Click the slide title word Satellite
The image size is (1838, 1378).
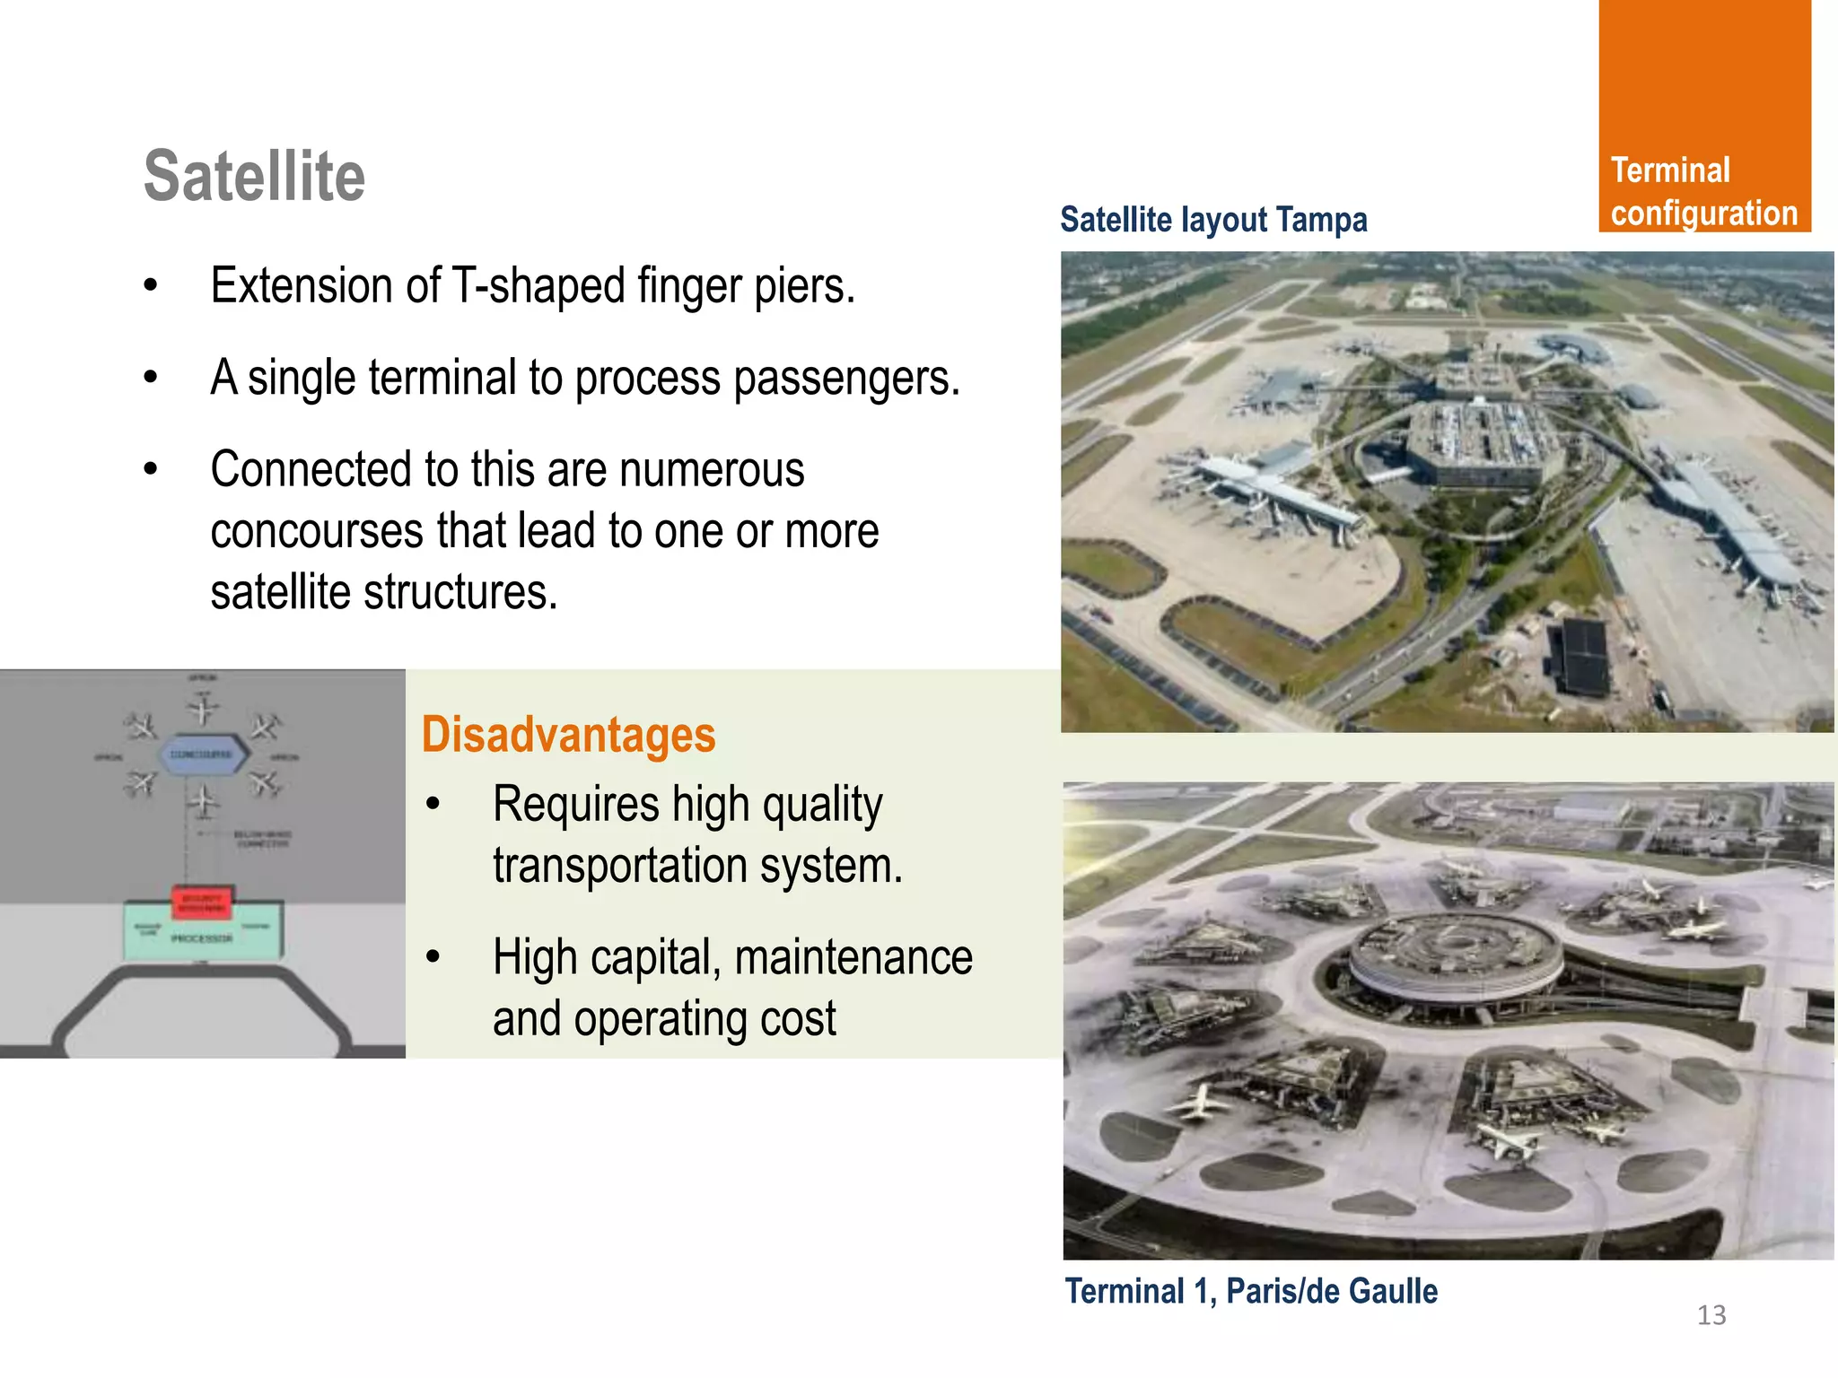255,177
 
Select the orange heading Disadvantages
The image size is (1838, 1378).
568,735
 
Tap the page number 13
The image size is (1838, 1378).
1711,1315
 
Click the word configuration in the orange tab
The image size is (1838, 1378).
1703,214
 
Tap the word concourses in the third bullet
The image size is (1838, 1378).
316,531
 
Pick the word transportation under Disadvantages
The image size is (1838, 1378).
619,866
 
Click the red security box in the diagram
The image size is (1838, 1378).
202,903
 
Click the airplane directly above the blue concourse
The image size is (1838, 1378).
203,711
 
